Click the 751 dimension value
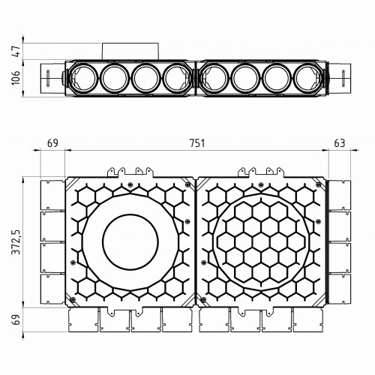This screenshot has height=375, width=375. coord(196,142)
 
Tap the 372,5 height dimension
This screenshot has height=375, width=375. coord(16,242)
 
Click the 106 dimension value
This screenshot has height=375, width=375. coord(16,78)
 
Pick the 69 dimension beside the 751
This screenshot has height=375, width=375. coord(52,142)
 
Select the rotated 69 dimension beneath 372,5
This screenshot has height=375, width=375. coord(16,320)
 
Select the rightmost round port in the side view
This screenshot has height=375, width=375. coord(307,78)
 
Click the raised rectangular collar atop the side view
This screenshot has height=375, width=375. coord(130,52)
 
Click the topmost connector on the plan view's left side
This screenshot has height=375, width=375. coord(51,193)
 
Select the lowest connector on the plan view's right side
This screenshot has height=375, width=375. coord(339,291)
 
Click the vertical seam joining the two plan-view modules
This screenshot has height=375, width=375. coord(195,242)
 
